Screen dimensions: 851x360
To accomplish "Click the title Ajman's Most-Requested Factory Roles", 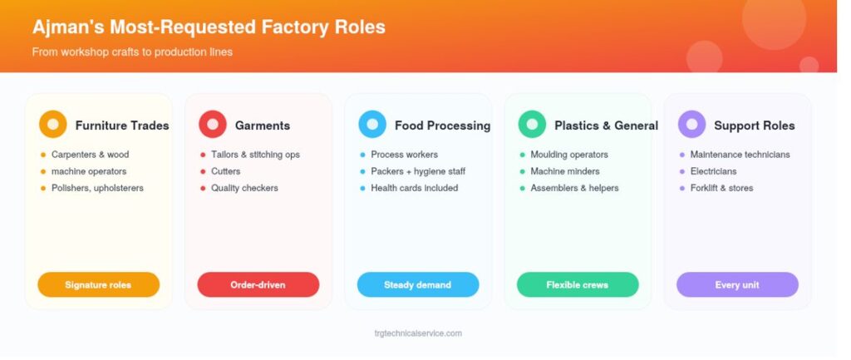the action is (x=209, y=27).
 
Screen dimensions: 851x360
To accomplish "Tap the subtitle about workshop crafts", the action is (x=132, y=52).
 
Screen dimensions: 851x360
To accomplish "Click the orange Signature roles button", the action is (x=98, y=284).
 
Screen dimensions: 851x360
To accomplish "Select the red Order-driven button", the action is (x=258, y=284).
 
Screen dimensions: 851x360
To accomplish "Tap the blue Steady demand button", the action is (x=418, y=284).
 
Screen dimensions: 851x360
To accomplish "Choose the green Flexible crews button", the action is (x=578, y=284).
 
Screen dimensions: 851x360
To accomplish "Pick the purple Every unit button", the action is (x=737, y=284).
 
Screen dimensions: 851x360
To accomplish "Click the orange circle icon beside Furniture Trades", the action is (x=52, y=125).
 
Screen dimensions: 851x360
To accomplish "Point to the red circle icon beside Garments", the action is (x=212, y=125).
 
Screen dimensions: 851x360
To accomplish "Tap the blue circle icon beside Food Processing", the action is (x=372, y=125).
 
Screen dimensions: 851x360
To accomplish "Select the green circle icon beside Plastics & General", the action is (x=532, y=125).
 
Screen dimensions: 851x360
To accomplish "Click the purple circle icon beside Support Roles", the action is (x=691, y=125).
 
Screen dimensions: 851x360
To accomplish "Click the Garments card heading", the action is (x=263, y=126).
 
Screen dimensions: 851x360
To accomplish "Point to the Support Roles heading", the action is (x=755, y=126).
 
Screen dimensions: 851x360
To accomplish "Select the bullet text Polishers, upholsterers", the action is (x=98, y=188).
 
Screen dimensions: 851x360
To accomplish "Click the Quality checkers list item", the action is (x=245, y=188).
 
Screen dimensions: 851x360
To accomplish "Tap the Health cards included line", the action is (x=415, y=188).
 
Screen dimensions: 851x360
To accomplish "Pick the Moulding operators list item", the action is (x=569, y=155).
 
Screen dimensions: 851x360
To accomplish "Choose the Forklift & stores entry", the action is (x=722, y=188).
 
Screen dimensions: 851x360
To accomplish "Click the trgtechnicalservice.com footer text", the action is (x=418, y=333).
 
